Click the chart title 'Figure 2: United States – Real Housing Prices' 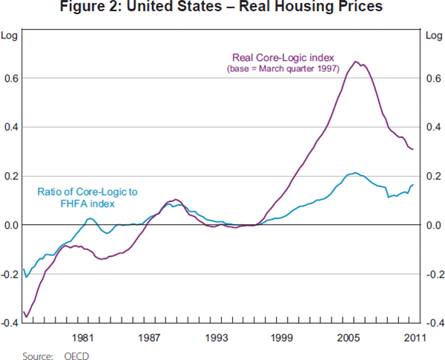tap(222, 9)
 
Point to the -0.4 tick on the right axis tap(433, 323)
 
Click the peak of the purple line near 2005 tap(356, 62)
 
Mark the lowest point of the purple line tap(27, 317)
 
